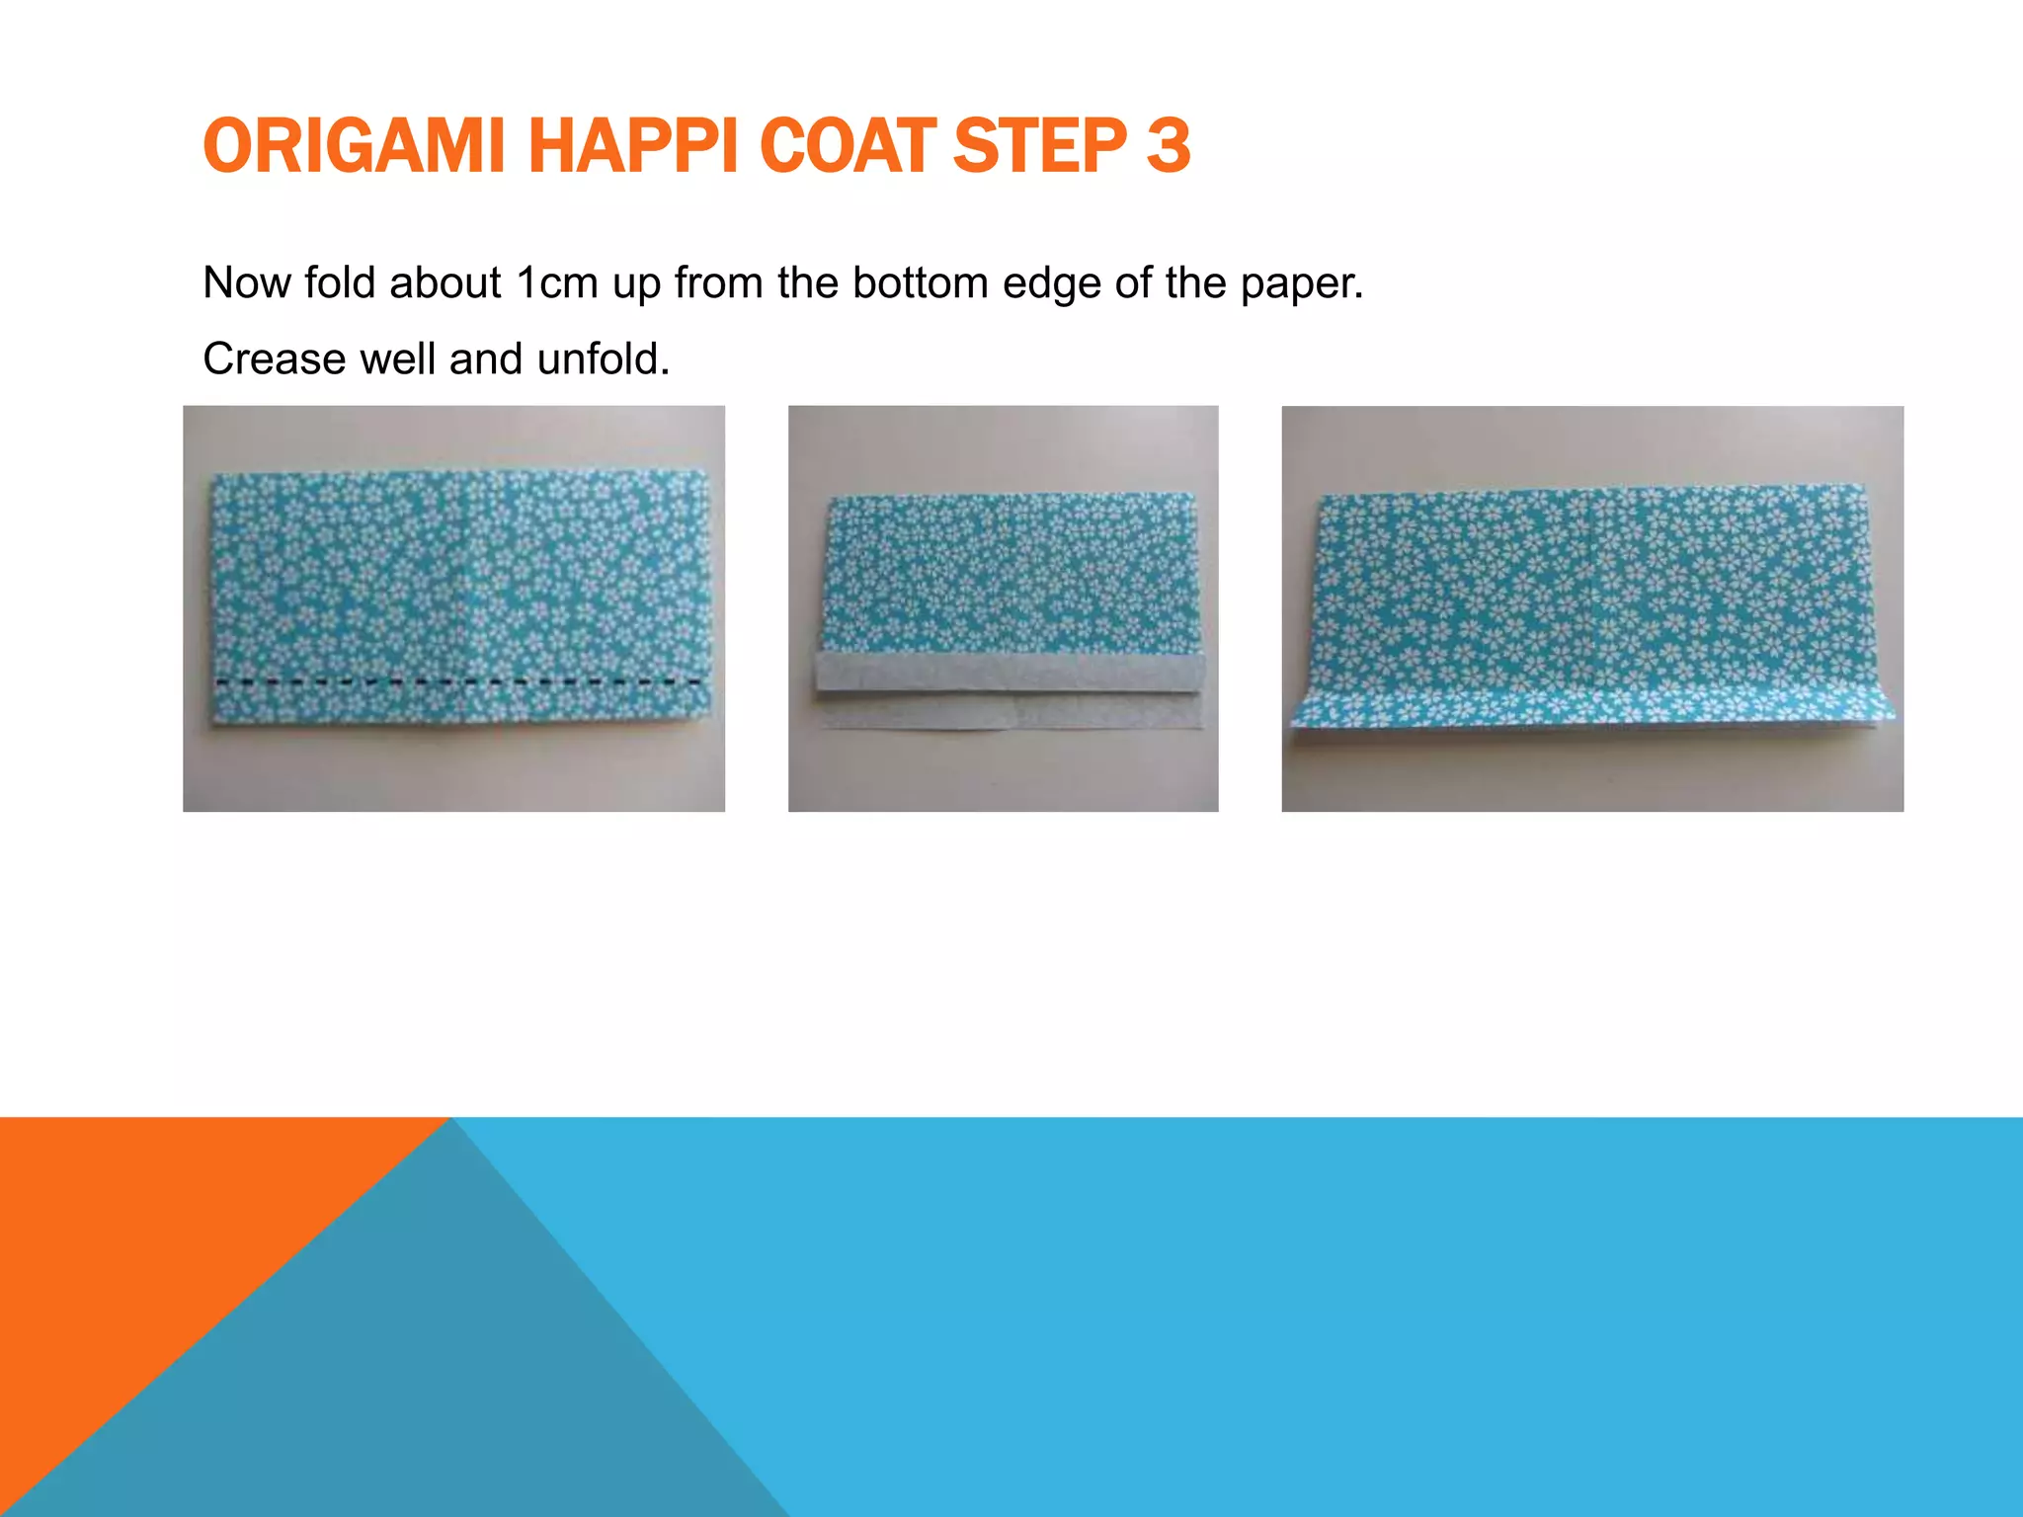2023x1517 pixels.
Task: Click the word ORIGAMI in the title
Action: point(354,146)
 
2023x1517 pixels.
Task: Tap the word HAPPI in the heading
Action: point(635,146)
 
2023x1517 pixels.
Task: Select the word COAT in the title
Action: point(848,146)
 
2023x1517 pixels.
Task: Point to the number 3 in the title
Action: point(1169,146)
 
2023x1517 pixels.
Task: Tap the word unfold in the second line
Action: point(604,359)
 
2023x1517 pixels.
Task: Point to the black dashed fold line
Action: point(459,682)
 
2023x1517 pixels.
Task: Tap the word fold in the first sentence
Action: point(340,282)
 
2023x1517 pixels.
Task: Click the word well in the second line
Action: point(397,359)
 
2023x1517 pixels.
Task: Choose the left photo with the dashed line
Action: point(453,608)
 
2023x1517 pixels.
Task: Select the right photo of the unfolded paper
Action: point(1592,608)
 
